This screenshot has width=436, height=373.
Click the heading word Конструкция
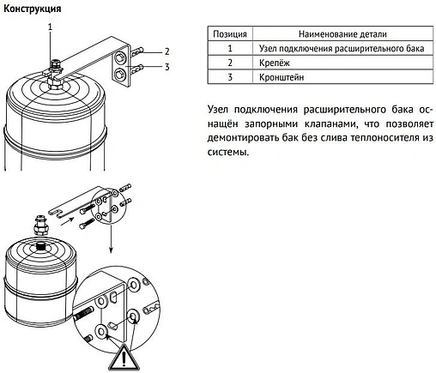click(33, 9)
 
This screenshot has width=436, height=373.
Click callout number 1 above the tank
click(50, 27)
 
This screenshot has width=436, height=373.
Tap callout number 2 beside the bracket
click(167, 51)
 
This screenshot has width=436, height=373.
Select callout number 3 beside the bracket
click(167, 67)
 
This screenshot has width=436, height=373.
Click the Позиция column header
click(230, 34)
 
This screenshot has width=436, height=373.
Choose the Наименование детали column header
click(342, 34)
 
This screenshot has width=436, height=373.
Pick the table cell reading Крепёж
click(275, 63)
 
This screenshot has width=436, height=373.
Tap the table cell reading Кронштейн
click(282, 77)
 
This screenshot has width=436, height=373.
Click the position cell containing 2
click(230, 63)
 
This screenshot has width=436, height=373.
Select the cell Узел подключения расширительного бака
click(342, 48)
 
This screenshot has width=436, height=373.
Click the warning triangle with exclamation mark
click(124, 358)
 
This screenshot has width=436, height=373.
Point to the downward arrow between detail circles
click(111, 238)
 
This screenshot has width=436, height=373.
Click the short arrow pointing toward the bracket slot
click(68, 220)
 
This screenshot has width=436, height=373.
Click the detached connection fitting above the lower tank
click(39, 226)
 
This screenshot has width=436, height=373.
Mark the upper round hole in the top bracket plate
click(119, 58)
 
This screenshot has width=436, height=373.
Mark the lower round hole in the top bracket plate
click(118, 75)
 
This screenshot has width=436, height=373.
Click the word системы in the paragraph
click(228, 152)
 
